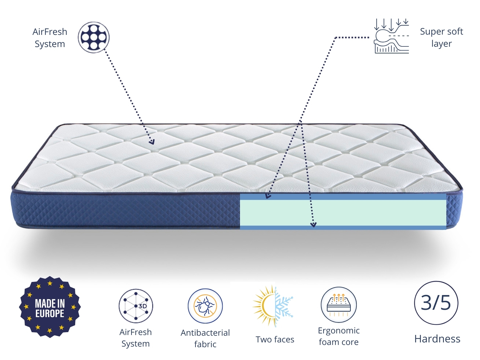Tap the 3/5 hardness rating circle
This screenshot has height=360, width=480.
point(436,303)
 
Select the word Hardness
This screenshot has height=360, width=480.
point(437,339)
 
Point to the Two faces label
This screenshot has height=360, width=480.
point(275,339)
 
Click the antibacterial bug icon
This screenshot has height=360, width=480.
point(205,306)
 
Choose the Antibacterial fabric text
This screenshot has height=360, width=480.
point(205,338)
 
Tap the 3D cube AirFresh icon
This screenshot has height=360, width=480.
point(136,306)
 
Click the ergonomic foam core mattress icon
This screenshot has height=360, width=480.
point(339,304)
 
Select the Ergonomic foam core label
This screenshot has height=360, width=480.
point(339,336)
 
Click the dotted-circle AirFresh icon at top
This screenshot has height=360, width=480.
point(93,37)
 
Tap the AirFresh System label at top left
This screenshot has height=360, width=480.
point(50,38)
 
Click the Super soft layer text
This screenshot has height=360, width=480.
point(441,37)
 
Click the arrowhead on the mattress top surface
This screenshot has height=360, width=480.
point(152,142)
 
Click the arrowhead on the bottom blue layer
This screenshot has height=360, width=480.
point(314,225)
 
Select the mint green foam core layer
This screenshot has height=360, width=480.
point(342,212)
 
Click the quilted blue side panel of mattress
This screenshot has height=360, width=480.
point(128,210)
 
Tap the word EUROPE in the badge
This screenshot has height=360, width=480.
point(50,314)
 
